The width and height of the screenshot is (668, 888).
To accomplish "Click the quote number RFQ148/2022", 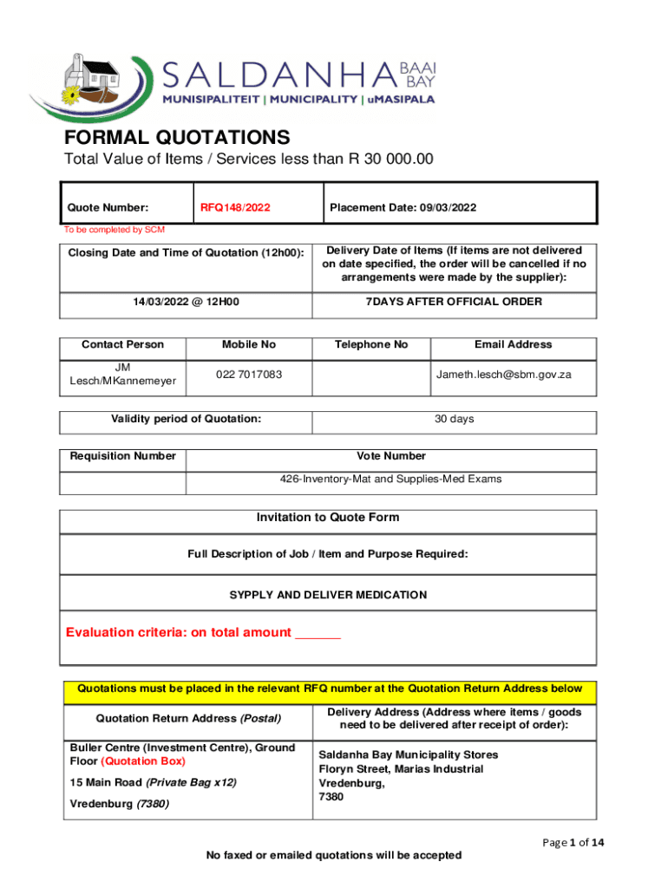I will [235, 207].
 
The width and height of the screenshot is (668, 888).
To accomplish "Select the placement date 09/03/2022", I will [446, 207].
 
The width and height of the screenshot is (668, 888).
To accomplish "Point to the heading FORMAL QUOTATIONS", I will [177, 138].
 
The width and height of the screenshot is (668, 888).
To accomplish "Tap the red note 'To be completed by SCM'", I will [114, 230].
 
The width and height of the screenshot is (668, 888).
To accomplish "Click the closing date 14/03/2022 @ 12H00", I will [185, 302].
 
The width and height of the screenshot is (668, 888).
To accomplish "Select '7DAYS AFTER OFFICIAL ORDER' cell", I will [454, 302].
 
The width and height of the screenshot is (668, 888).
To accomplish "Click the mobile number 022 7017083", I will [249, 375].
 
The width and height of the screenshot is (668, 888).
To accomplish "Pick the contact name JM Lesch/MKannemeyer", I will [122, 375].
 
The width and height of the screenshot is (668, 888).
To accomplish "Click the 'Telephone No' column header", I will [371, 344].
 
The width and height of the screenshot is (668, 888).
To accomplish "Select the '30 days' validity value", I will [454, 419].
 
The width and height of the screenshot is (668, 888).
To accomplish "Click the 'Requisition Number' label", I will [123, 456].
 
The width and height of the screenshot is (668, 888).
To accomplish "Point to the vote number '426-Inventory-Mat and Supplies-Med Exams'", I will [390, 479].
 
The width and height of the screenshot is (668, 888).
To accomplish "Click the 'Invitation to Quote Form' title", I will [328, 518].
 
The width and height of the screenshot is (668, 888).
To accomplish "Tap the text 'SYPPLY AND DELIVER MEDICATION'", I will [328, 595].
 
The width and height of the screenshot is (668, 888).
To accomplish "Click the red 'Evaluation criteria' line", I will [203, 632].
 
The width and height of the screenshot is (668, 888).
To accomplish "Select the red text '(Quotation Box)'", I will [143, 761].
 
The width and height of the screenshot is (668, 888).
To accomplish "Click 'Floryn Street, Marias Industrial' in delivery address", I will [401, 769].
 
